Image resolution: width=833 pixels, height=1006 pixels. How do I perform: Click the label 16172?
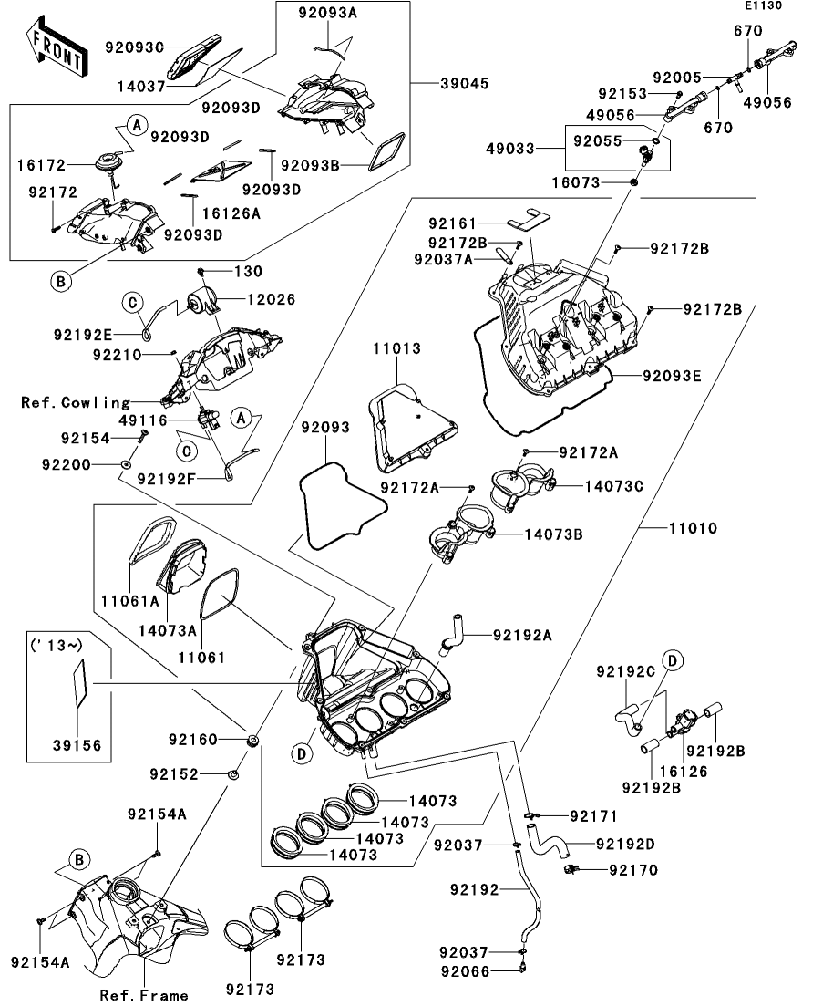coord(39,166)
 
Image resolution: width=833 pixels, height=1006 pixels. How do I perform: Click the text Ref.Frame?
coord(144,995)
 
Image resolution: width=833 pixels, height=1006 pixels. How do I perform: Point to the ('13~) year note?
coord(61,645)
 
